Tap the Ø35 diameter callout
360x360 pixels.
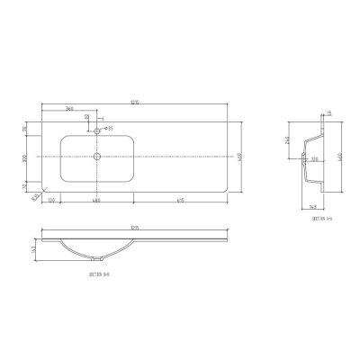[108, 129]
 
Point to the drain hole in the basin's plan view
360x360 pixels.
[97, 157]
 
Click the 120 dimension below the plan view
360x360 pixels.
[52, 200]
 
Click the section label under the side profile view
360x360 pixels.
[322, 218]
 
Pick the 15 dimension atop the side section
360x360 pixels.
[330, 113]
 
